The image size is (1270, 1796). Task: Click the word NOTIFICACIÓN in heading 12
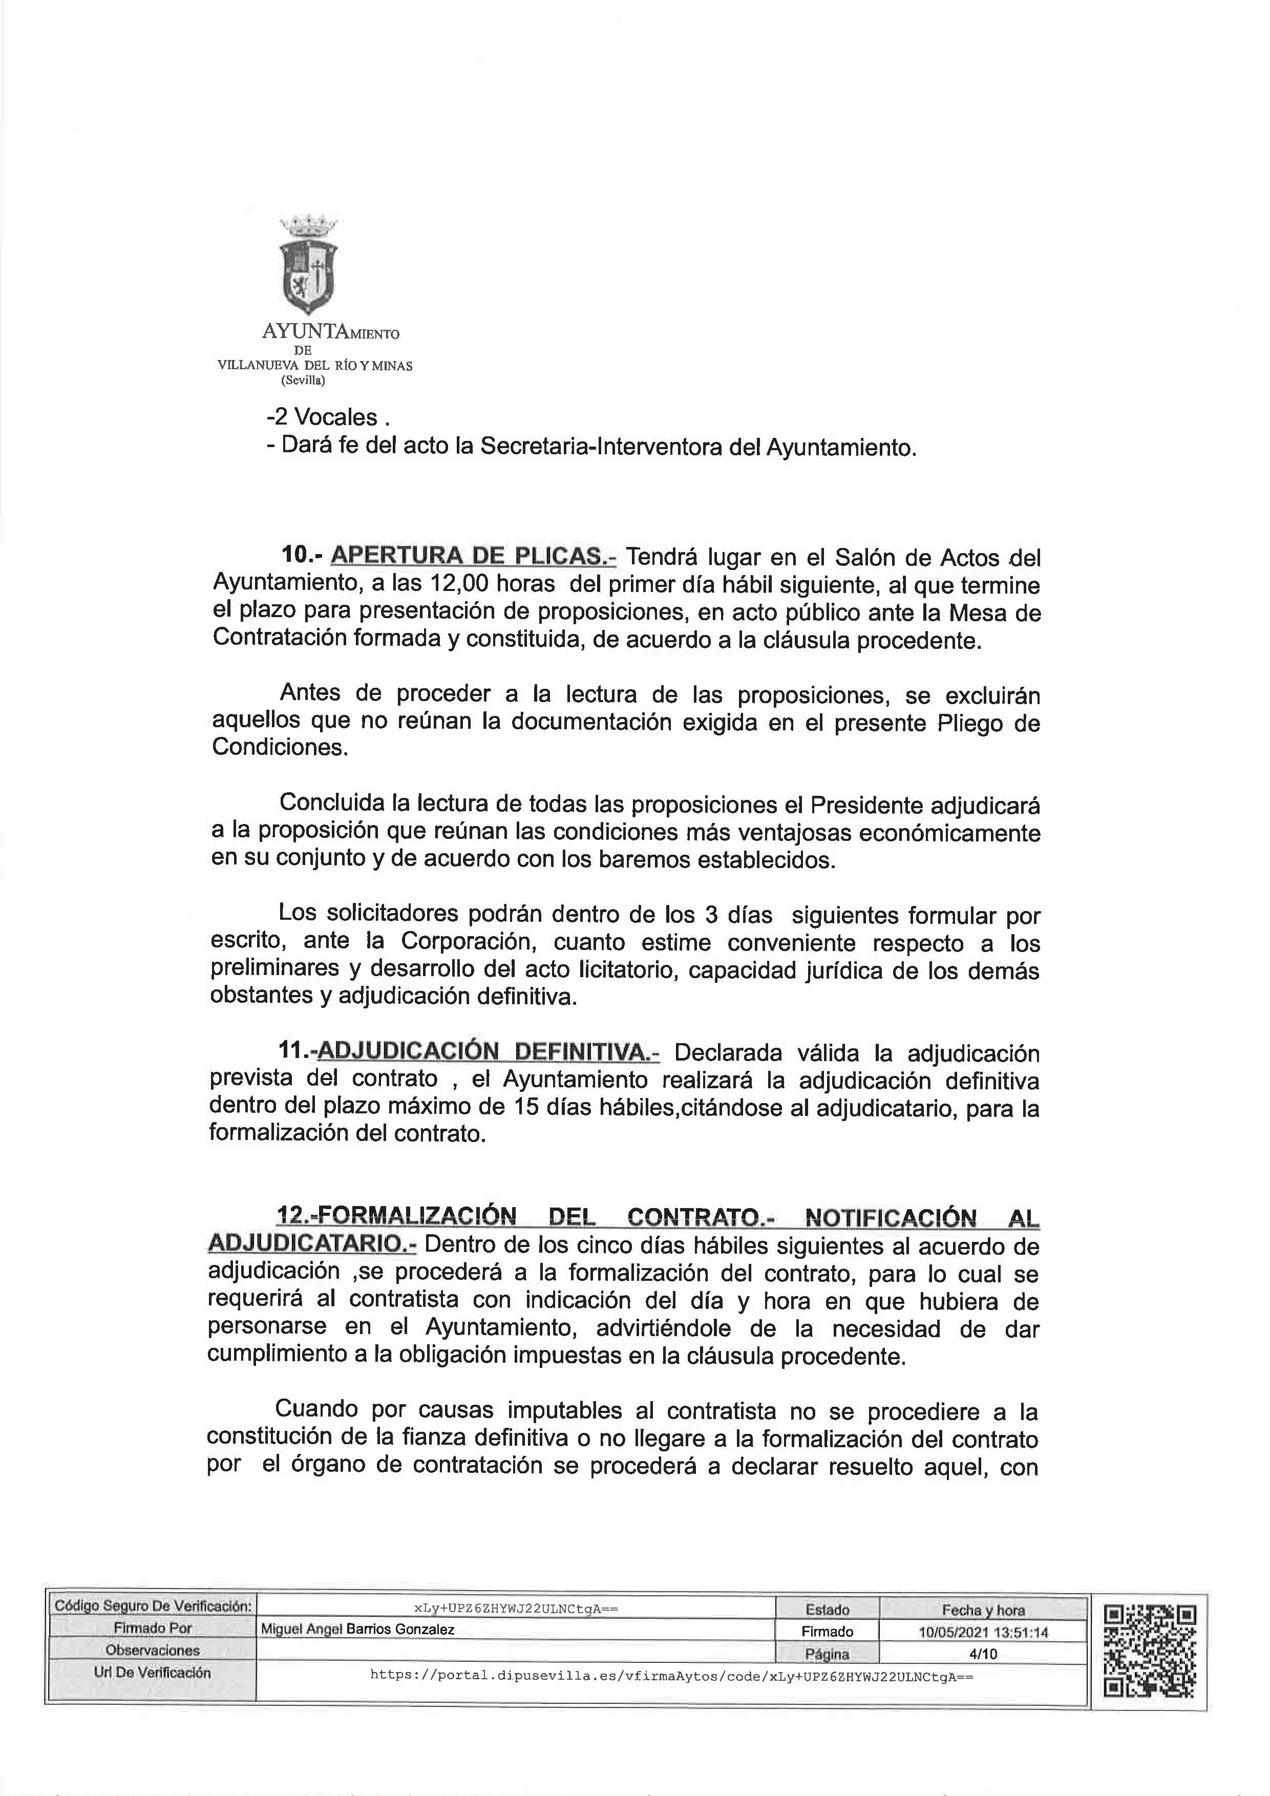click(890, 1218)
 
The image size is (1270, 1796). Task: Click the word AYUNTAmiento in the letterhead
click(330, 332)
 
